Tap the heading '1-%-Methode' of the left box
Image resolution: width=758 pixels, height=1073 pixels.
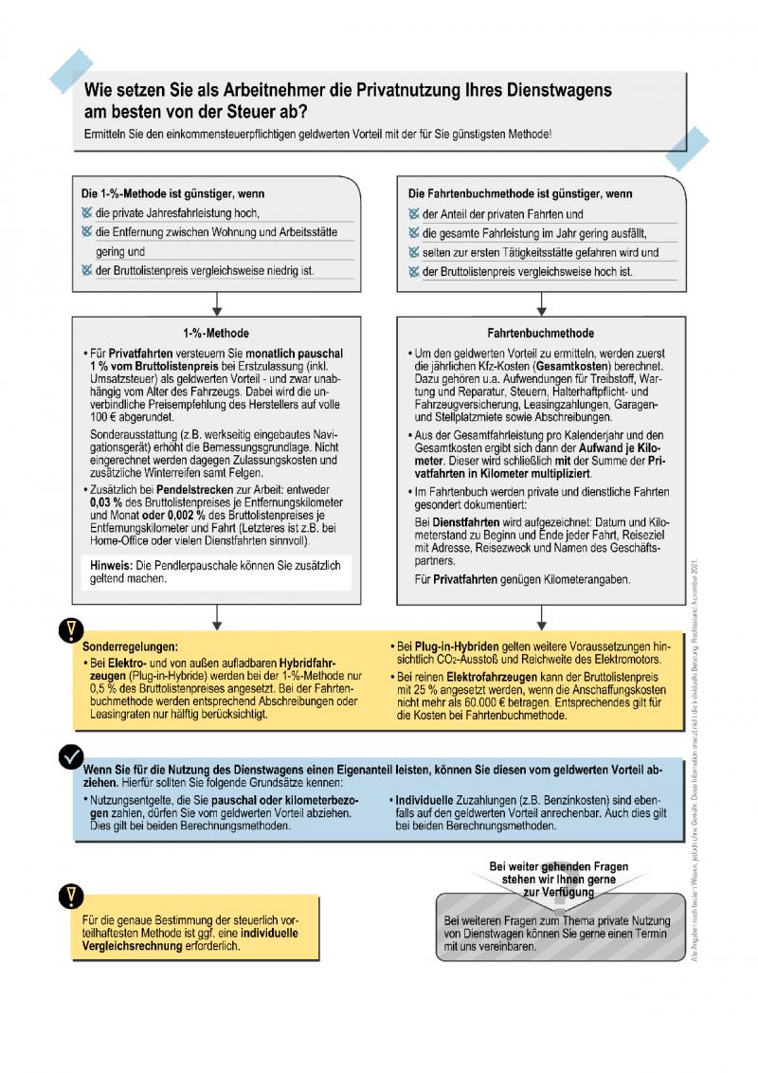(216, 334)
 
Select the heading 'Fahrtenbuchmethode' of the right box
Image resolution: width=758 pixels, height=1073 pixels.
(540, 334)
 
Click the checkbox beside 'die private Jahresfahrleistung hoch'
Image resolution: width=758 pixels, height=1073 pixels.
(87, 213)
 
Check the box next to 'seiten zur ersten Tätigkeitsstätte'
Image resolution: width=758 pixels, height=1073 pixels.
(413, 253)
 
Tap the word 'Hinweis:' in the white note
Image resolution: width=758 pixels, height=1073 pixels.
(110, 565)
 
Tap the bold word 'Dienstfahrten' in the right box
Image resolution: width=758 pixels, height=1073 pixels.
(459, 522)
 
